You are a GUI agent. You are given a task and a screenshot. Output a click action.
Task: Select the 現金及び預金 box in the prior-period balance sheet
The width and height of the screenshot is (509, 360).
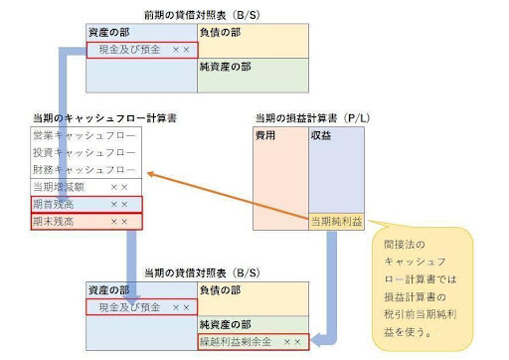tap(140, 49)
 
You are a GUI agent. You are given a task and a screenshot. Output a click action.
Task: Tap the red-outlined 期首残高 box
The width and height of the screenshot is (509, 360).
tap(85, 204)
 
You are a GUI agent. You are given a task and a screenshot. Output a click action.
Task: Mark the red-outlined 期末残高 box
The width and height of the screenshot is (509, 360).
tap(85, 221)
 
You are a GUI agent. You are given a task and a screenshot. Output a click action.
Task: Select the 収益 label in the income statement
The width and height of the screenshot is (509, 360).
tap(323, 134)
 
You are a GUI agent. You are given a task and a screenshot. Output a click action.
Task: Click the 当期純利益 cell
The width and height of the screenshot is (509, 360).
tap(334, 221)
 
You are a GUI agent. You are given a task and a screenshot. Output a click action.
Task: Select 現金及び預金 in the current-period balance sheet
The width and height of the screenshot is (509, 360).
tap(140, 307)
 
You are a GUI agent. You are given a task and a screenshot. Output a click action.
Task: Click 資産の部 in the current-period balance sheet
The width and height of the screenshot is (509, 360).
tap(110, 290)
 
